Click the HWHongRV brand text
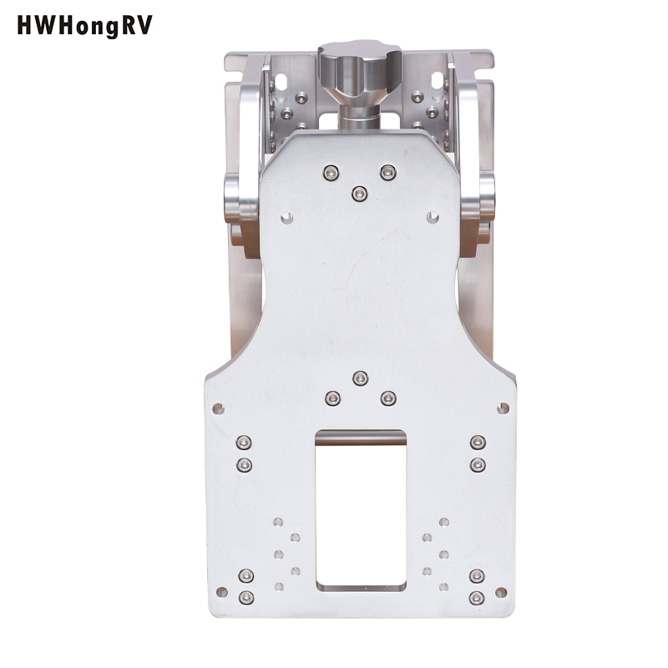pyautogui.click(x=84, y=27)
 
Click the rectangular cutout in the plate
pyautogui.click(x=360, y=510)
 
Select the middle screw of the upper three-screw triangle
pyautogui.click(x=360, y=195)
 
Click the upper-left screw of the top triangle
pyautogui.click(x=331, y=173)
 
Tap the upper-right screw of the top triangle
pyautogui.click(x=387, y=173)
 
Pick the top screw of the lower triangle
pyautogui.click(x=361, y=378)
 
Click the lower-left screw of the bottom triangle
pyautogui.click(x=332, y=399)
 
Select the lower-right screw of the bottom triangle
pyautogui.click(x=387, y=399)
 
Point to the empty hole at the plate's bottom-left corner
pyautogui.click(x=221, y=592)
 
